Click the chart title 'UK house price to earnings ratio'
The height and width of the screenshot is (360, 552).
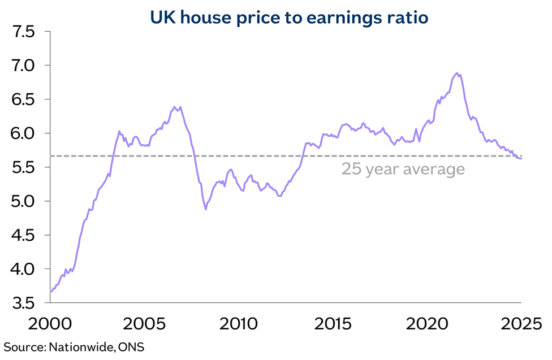tap(289, 18)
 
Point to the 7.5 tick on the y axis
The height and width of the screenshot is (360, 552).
tap(23, 32)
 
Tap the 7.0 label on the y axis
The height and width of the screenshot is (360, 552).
tap(23, 66)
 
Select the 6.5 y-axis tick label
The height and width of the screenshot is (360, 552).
tap(23, 100)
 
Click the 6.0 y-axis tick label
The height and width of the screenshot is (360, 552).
tap(23, 134)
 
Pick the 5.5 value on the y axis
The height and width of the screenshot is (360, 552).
tap(23, 168)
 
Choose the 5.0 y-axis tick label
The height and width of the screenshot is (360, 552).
tap(23, 202)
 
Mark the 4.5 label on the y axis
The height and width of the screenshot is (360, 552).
tap(23, 236)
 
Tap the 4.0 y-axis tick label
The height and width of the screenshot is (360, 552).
tap(23, 270)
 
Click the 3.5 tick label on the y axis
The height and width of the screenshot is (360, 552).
tap(23, 303)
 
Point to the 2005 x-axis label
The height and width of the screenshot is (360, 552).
tap(145, 325)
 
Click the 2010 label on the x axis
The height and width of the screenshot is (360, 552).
tap(239, 325)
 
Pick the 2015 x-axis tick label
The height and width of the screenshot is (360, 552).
tap(333, 325)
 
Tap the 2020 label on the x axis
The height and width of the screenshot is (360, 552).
tap(427, 325)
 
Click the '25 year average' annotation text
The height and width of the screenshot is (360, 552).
tap(403, 169)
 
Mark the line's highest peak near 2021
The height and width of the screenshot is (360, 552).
tap(456, 73)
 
